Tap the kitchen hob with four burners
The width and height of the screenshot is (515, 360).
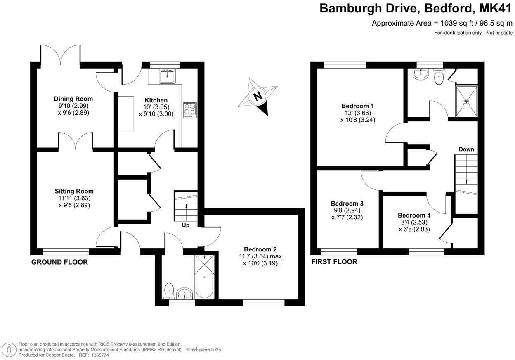pyautogui.click(x=189, y=109)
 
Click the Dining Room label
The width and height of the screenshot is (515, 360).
pyautogui.click(x=73, y=99)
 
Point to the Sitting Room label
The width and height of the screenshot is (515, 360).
pyautogui.click(x=74, y=191)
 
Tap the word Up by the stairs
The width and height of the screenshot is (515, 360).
pyautogui.click(x=186, y=225)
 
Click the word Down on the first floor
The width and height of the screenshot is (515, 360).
pyautogui.click(x=466, y=149)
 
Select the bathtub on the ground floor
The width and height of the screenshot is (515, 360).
pyautogui.click(x=204, y=277)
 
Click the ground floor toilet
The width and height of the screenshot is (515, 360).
pyautogui.click(x=169, y=290)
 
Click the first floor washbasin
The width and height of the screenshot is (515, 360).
pyautogui.click(x=421, y=74)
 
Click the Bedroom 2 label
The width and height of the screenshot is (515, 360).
pyautogui.click(x=260, y=249)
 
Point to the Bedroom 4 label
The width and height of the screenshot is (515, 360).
pyautogui.click(x=414, y=215)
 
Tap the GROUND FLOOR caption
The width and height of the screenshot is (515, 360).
pyautogui.click(x=59, y=262)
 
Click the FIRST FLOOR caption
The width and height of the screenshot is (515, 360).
pyautogui.click(x=334, y=262)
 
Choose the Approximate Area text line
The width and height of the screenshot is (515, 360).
pyautogui.click(x=442, y=23)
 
